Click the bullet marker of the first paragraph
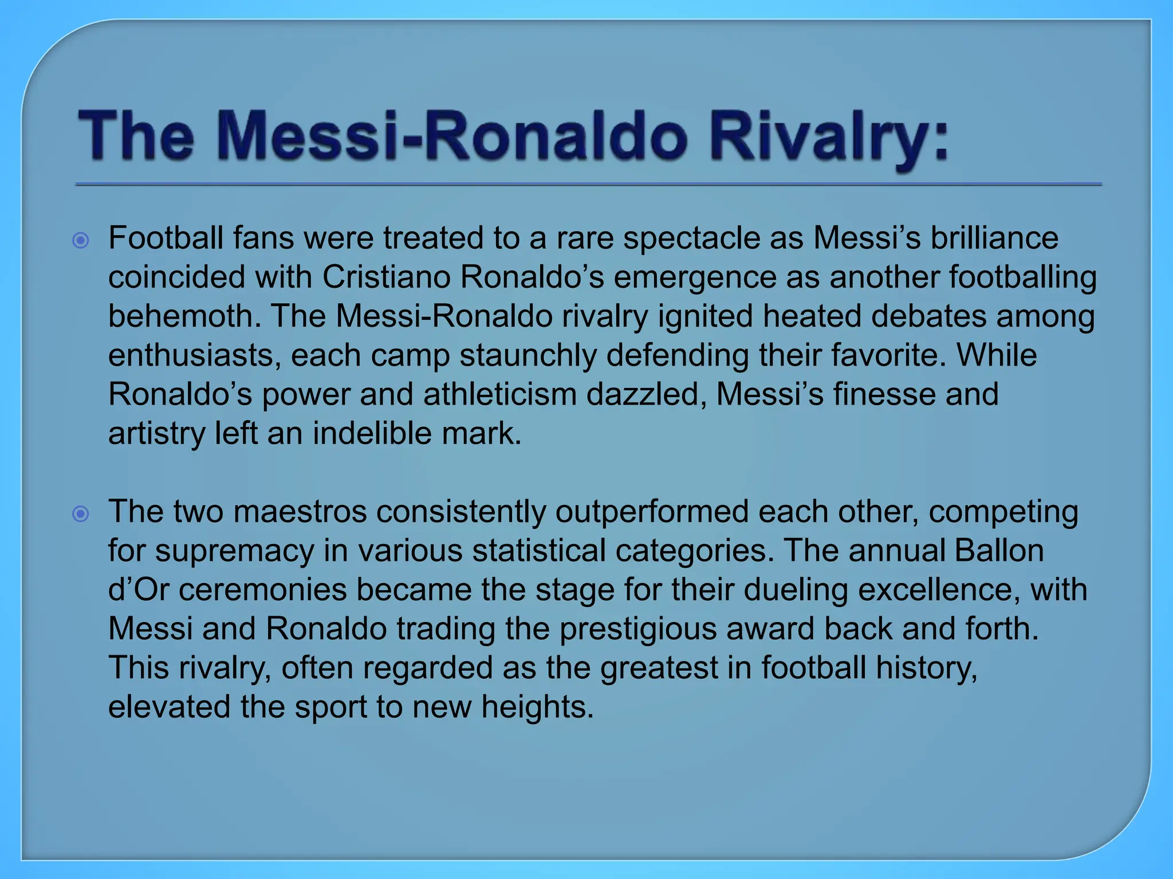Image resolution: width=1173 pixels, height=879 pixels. pos(81,240)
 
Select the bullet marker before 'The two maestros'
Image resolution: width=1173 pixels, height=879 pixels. pos(81,514)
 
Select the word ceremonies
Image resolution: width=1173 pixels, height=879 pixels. pos(263,589)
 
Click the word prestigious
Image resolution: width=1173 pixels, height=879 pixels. pos(638,629)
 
